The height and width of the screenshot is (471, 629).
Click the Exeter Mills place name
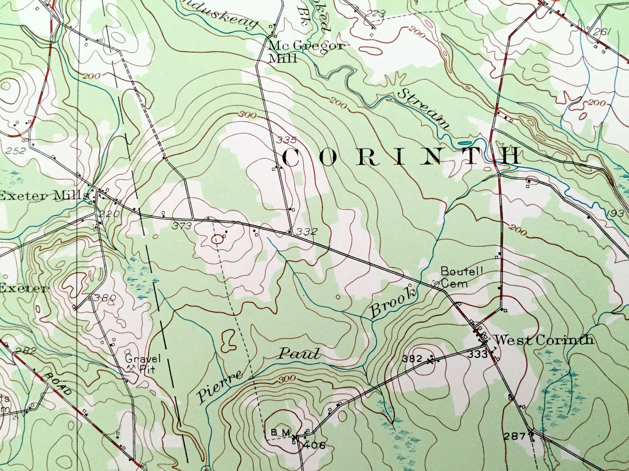pyautogui.click(x=44, y=196)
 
